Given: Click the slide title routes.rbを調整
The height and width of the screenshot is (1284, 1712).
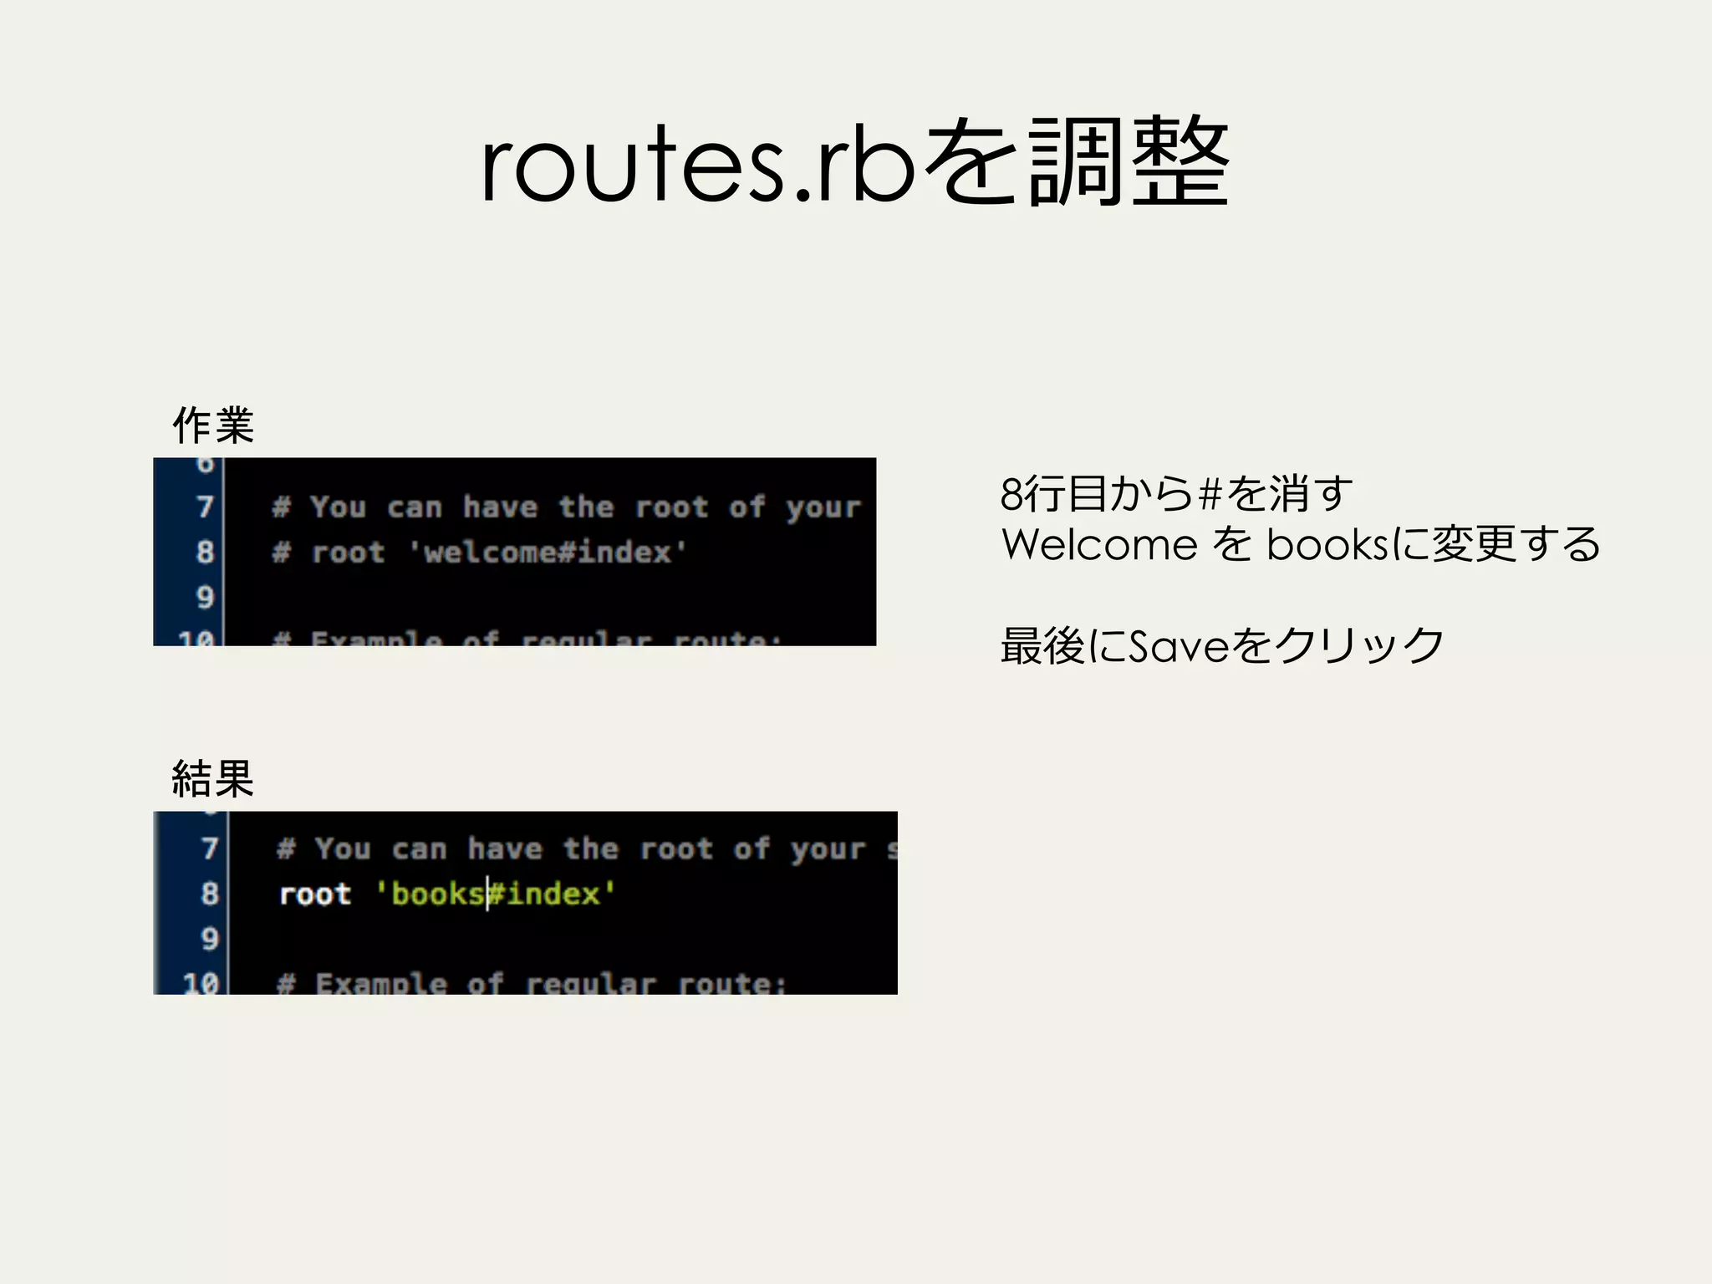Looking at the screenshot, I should coord(854,163).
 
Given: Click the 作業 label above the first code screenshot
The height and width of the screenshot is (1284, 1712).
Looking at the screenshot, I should coord(212,425).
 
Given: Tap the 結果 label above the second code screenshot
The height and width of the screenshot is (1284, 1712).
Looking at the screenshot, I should coord(212,779).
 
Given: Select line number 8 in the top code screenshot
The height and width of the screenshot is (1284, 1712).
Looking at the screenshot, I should coord(205,552).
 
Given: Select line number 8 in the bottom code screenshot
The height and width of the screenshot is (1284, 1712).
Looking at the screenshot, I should coord(209,894).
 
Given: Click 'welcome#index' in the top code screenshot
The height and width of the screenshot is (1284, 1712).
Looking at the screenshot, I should coord(548,552).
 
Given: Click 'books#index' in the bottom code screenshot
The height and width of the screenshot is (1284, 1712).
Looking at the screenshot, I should coord(495,894).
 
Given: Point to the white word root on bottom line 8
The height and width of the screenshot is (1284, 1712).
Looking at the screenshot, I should coord(315,894).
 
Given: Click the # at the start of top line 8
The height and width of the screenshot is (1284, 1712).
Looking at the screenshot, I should coord(282,552).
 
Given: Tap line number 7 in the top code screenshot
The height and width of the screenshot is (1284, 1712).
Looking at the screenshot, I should coord(205,507).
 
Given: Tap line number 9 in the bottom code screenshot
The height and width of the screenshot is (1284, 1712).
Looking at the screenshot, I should coord(209,939).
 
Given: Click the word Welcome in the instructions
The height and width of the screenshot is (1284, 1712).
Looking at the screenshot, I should coord(1099,545).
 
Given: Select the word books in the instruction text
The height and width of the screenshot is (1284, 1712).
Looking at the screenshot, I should coord(1327,545).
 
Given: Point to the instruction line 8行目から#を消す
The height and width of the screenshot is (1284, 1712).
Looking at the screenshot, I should coord(1175,494).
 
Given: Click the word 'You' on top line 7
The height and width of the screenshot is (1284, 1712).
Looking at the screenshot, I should coord(338,507).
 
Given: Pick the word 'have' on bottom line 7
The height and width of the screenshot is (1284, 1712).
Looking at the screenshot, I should coord(505,849).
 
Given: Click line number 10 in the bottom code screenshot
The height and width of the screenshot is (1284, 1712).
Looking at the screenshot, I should coord(201,983).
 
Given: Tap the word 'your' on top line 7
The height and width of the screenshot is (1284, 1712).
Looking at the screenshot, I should coord(823,507).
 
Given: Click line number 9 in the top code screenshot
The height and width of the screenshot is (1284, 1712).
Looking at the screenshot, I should coord(205,597).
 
